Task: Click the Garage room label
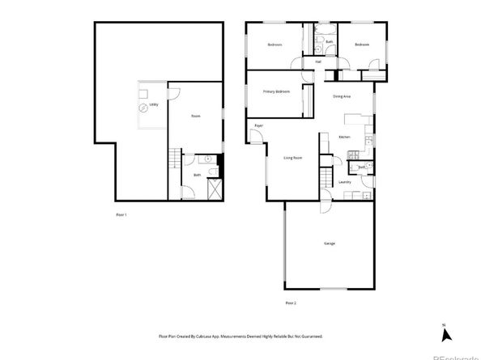pos(330,244)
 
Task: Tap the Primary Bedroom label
pos(276,91)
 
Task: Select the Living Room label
pos(292,157)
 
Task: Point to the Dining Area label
pos(342,96)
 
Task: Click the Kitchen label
pos(343,138)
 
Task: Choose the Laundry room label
pos(344,183)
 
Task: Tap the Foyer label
pos(259,126)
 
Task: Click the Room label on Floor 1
pos(195,116)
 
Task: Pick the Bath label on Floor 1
pos(197,175)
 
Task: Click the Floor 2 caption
pos(291,303)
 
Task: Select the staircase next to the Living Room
pos(326,178)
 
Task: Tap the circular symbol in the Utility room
pos(146,107)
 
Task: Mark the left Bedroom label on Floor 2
pos(275,44)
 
